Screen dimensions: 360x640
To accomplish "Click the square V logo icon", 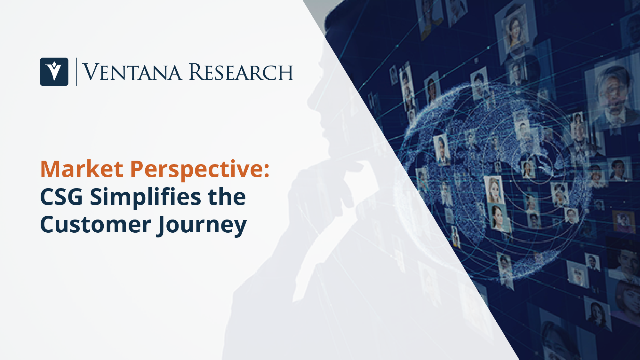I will point(54,72).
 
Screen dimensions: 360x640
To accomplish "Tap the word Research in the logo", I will point(241,72).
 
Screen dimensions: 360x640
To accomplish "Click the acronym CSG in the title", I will point(61,197).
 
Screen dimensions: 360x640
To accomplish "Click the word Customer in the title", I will point(95,225).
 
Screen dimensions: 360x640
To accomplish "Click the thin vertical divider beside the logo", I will point(76,72).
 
